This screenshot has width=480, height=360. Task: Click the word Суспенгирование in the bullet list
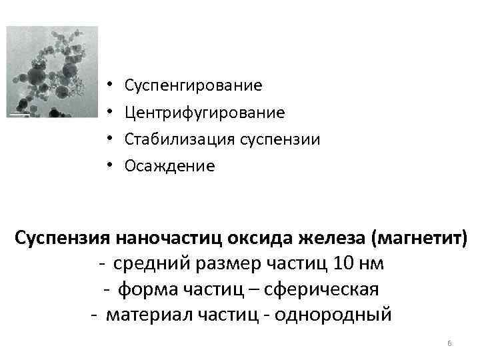(193, 86)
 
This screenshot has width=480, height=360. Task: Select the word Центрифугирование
(205, 113)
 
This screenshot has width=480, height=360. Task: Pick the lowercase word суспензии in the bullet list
(282, 139)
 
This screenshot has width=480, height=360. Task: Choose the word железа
(333, 237)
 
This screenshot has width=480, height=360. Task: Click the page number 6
(449, 343)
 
